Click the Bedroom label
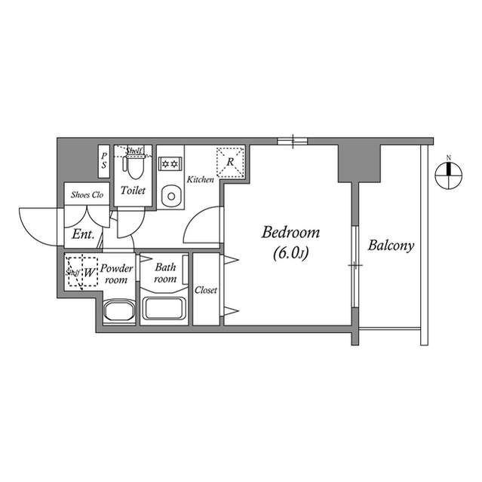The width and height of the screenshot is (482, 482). tap(290, 233)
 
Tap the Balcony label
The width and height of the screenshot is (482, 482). tap(391, 246)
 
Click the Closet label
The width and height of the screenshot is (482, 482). tap(206, 290)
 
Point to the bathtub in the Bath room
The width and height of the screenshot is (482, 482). tap(165, 308)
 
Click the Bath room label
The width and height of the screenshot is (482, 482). tap(165, 273)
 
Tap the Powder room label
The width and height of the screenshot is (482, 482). tap(117, 273)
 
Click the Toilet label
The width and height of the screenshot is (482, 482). tap(133, 191)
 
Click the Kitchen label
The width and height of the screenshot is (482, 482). tap(200, 180)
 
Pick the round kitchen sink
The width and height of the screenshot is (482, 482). tap(171, 197)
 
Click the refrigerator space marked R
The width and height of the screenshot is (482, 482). tap(229, 160)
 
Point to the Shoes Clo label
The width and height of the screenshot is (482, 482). tap(86, 194)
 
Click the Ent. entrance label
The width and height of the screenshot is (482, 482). tap(83, 234)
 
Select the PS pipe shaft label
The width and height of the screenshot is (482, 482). tap(104, 160)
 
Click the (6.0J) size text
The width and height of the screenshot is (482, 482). tap(290, 255)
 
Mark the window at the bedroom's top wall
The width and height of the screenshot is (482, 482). tap(290, 140)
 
